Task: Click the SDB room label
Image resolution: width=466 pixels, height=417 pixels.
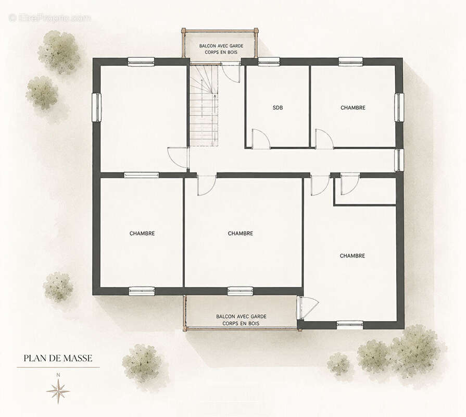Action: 278,108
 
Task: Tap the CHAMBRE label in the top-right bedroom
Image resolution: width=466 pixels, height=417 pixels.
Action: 353,108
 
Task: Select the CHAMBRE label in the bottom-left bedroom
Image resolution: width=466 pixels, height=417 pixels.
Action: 142,234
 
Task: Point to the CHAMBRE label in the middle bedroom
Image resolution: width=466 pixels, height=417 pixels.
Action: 241,234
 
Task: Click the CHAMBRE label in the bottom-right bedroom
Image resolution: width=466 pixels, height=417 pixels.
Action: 352,256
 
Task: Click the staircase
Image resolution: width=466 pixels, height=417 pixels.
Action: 204,106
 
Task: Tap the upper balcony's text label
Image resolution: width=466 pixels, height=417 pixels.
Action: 221,49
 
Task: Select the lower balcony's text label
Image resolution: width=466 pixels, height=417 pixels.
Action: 241,320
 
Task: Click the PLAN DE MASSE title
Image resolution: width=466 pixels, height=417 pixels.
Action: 58,358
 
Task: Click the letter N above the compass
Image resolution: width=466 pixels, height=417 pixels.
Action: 58,375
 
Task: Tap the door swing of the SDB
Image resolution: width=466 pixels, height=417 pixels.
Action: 261,139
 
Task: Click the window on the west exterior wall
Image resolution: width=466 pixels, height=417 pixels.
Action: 97,107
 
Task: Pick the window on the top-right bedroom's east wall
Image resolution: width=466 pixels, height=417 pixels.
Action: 399,107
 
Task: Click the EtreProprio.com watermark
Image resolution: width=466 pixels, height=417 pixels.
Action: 51,18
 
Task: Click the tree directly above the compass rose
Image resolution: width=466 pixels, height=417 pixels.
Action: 58,287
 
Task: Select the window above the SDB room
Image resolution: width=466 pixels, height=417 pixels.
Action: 269,62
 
